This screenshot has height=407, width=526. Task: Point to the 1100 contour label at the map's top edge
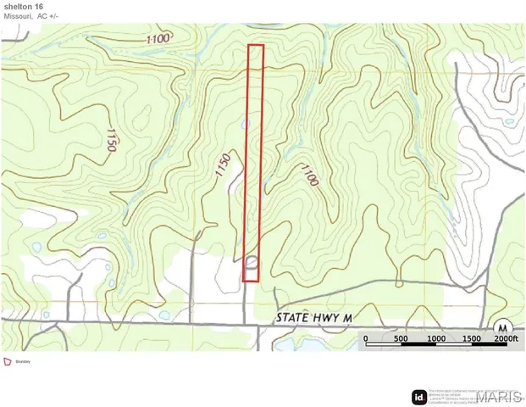pyautogui.click(x=158, y=38)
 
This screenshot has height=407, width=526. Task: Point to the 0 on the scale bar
pyautogui.click(x=366, y=339)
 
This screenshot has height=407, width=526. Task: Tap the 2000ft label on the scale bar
pyautogui.click(x=505, y=339)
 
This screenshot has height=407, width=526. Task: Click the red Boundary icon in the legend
pyautogui.click(x=8, y=360)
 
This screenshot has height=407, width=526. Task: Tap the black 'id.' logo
pyautogui.click(x=418, y=397)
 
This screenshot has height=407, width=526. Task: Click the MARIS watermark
pyautogui.click(x=499, y=397)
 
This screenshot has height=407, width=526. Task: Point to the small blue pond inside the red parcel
pyautogui.click(x=246, y=125)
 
